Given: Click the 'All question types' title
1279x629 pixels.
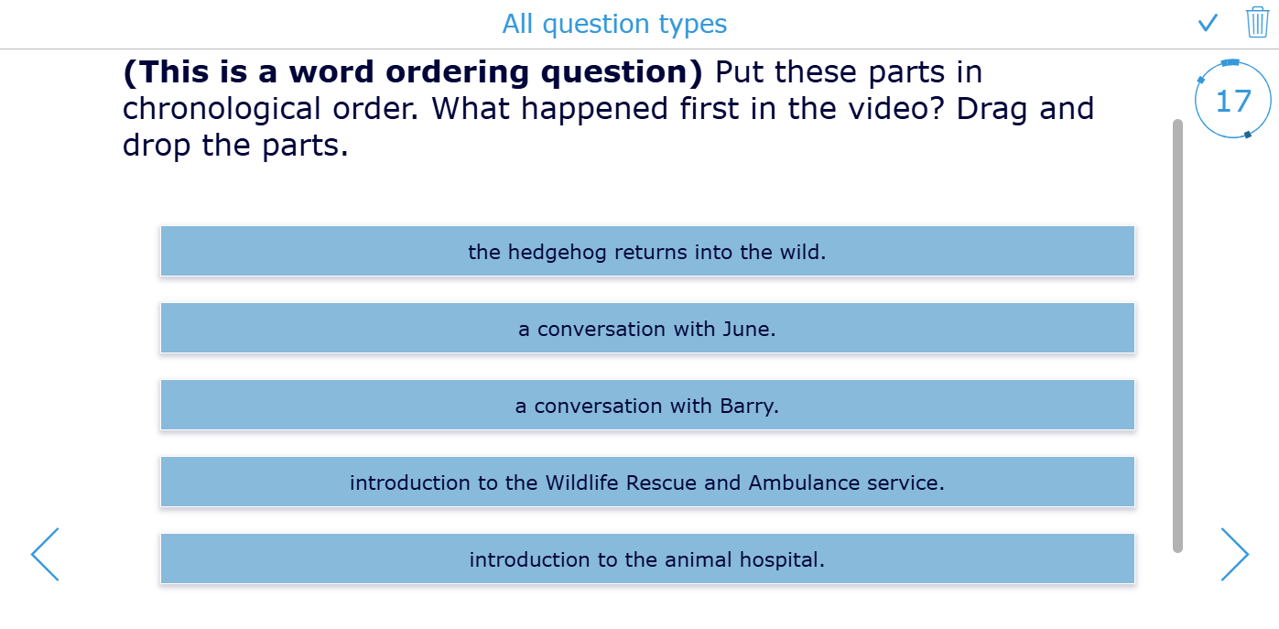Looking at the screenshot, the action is coord(614,25).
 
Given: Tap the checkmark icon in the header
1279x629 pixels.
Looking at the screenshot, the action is coord(1208,24).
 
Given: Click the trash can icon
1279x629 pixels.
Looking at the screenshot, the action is coord(1257,22).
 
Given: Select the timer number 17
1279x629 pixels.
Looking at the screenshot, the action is coord(1233,102).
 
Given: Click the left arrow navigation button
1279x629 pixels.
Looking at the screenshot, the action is coord(45,554).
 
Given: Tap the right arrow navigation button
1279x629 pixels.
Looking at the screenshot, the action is coord(1234,554).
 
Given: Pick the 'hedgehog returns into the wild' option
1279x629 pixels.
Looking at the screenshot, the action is coord(647,251).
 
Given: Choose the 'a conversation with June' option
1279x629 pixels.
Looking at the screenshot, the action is coord(647,328).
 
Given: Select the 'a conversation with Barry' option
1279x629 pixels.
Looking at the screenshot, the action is coord(647,406).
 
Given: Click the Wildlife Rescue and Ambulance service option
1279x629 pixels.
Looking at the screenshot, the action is coord(647,482).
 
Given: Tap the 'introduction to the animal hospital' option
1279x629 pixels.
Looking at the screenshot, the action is coord(647,559).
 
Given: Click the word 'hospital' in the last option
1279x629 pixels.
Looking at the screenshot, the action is coord(782,560).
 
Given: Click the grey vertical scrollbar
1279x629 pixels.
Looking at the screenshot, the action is coord(1177,336).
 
